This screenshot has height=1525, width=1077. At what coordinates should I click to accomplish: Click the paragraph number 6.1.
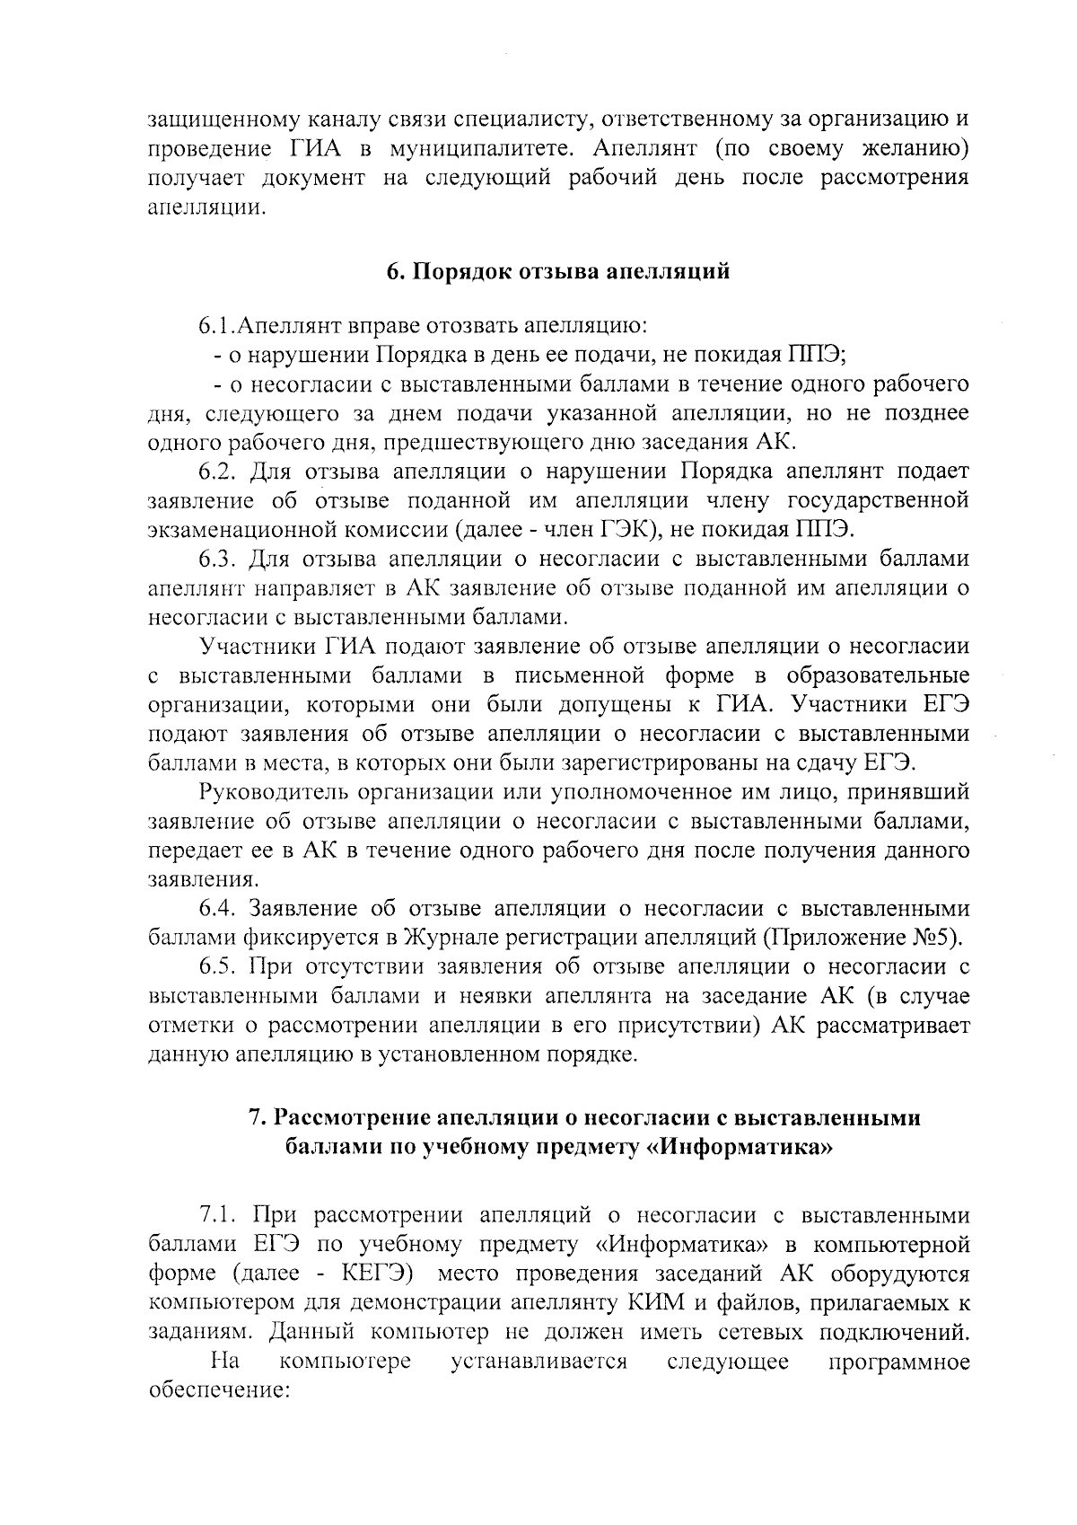tap(219, 324)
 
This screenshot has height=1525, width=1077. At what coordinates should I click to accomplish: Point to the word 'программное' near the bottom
tap(898, 1362)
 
